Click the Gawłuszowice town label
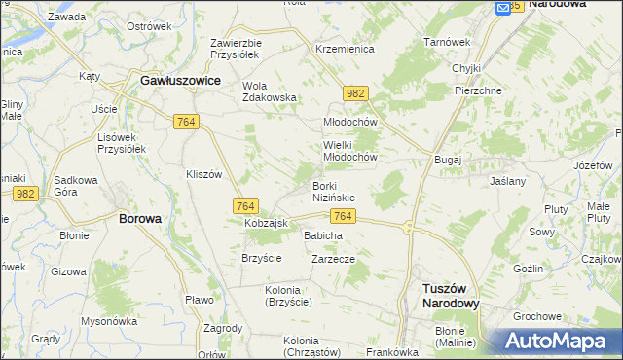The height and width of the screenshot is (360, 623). click(180, 82)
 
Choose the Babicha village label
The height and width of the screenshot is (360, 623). click(323, 235)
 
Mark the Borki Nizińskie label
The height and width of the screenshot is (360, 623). click(333, 191)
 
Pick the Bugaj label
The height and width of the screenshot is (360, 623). click(449, 158)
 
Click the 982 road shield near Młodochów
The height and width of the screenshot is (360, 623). click(355, 93)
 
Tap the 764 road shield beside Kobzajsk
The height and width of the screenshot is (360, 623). click(245, 206)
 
